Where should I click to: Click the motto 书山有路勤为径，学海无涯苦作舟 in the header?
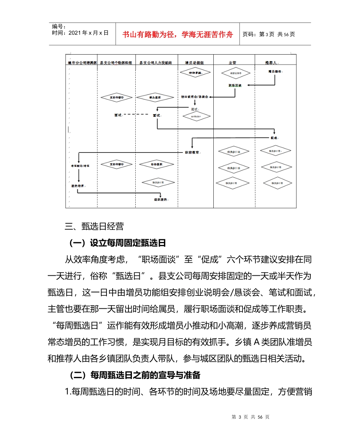pyautogui.click(x=177, y=34)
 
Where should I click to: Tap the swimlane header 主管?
pyautogui.click(x=233, y=63)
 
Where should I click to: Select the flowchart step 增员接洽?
pyautogui.click(x=274, y=71)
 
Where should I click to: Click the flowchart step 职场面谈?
pyautogui.click(x=235, y=86)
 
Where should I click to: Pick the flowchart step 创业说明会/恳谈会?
pyautogui.click(x=194, y=97)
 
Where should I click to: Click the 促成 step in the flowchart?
pyautogui.click(x=274, y=138)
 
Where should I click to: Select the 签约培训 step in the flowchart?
pyautogui.click(x=78, y=186)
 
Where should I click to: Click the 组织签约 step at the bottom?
pyautogui.click(x=161, y=199)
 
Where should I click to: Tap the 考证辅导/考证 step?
pyautogui.click(x=80, y=166)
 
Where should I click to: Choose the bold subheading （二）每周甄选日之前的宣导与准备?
pyautogui.click(x=135, y=375)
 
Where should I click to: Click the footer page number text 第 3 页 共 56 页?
pyautogui.click(x=250, y=417)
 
